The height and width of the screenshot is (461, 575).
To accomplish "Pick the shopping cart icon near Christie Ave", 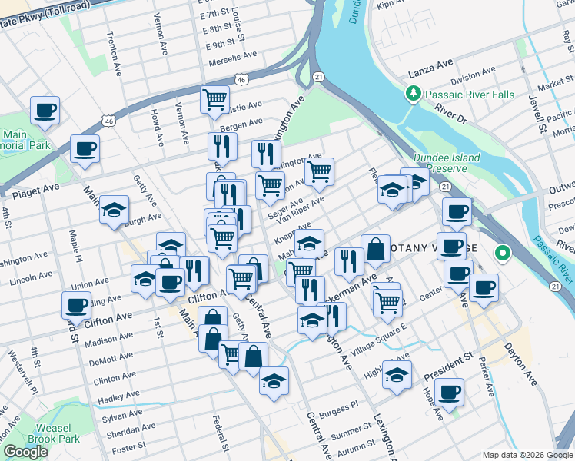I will click(x=214, y=98).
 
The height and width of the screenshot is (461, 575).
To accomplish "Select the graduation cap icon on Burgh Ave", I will click(x=114, y=209).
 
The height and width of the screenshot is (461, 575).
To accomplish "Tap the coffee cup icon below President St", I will click(x=449, y=391).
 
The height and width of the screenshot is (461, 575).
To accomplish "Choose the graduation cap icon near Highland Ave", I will click(x=397, y=375).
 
